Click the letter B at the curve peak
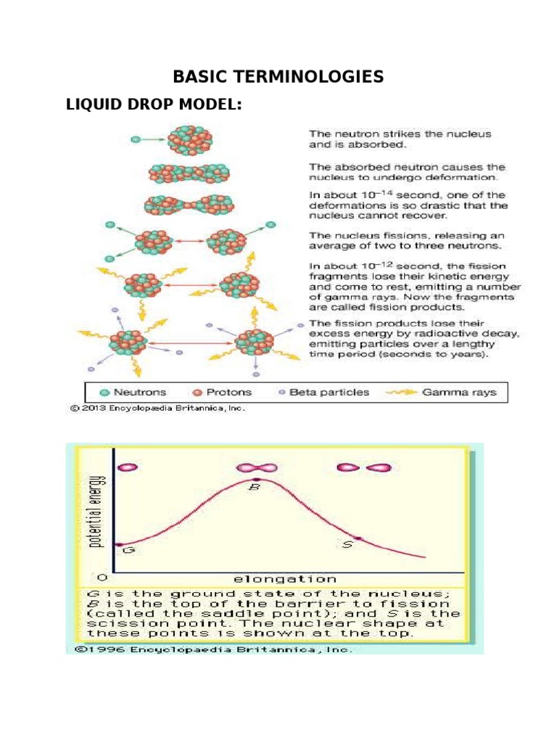pyautogui.click(x=255, y=488)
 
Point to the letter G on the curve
pyautogui.click(x=129, y=551)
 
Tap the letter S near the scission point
pyautogui.click(x=347, y=544)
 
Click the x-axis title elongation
pyautogui.click(x=284, y=579)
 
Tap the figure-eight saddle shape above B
pyautogui.click(x=257, y=467)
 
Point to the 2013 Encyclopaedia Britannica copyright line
pyautogui.click(x=157, y=408)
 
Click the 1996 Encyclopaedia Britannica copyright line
pyautogui.click(x=210, y=649)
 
